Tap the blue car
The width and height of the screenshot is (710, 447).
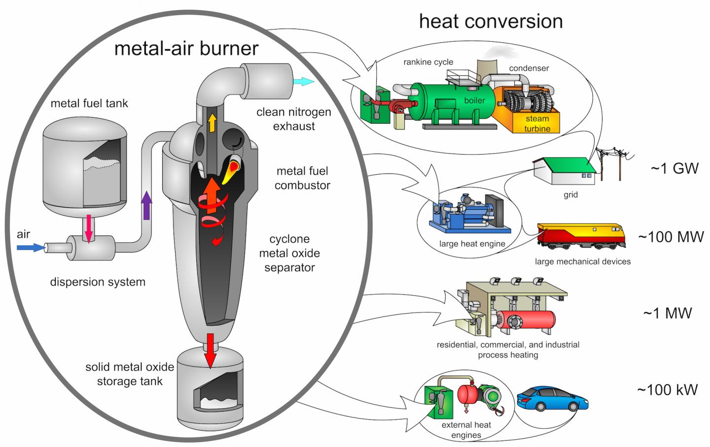point(553,398)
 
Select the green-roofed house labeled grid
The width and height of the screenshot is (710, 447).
point(565,170)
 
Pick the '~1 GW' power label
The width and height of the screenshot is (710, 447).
point(674,168)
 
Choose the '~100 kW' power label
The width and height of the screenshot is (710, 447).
point(668,390)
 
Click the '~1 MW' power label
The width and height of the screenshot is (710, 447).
point(668,313)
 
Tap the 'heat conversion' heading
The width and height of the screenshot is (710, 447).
point(491,21)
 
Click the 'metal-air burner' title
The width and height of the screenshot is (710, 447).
point(186,48)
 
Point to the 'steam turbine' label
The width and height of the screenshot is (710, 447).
point(537,124)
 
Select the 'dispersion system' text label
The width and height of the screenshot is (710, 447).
point(98,282)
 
